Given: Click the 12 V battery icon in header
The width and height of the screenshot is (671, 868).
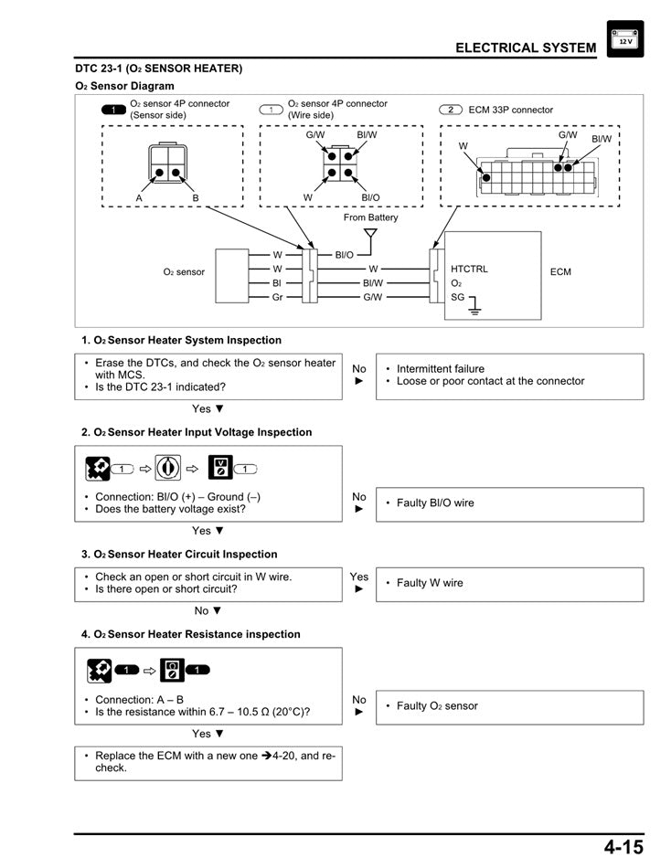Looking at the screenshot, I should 624,39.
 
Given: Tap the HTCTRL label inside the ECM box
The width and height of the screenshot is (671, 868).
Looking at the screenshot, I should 469,270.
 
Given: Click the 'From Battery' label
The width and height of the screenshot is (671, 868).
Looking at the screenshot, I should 370,217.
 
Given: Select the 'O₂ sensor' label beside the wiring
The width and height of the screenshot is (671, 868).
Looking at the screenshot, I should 184,272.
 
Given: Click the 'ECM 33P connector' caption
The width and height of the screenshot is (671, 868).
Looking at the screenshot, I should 510,110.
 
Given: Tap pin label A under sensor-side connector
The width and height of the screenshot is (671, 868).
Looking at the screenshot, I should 139,197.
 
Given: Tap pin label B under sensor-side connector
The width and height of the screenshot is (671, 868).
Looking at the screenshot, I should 195,197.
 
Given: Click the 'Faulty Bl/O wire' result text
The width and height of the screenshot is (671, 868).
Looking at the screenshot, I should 435,503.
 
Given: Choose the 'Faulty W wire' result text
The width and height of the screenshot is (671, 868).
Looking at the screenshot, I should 430,583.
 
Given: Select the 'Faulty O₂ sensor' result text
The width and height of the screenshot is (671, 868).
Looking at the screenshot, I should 437,706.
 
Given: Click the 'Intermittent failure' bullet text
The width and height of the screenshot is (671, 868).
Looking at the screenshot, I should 441,369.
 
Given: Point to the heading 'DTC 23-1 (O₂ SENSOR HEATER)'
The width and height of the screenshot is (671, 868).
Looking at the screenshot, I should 158,69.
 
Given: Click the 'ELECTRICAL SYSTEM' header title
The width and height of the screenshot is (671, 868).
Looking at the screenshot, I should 526,48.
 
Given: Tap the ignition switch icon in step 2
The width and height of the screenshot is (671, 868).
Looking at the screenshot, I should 168,469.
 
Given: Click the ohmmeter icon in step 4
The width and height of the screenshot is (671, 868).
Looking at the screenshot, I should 172,670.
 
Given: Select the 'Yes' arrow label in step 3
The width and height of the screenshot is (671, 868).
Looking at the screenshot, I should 359,582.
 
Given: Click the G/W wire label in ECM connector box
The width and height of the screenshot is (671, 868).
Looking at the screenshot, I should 568,135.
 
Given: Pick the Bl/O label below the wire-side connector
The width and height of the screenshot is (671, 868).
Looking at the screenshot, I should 370,197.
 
